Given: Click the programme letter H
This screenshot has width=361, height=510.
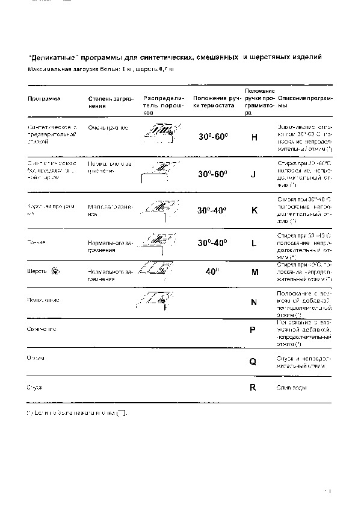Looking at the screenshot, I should click(254, 137).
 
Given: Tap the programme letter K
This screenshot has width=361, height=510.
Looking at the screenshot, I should click(254, 210).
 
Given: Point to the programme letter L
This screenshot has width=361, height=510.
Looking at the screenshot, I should click(254, 243).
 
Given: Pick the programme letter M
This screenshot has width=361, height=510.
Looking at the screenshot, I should click(255, 272).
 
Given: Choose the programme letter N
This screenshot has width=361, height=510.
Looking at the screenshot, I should click(254, 303).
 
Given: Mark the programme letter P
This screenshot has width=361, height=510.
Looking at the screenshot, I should click(253, 330).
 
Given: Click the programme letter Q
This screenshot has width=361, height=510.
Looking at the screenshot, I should click(253, 362).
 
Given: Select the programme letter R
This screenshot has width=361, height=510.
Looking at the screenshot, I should click(253, 388).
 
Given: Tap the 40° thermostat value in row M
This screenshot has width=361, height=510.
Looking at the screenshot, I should click(211, 272).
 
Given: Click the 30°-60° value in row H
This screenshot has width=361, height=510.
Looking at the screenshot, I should click(213, 137).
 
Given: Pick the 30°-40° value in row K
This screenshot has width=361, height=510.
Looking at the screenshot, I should click(212, 210).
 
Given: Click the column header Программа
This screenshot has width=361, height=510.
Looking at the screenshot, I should click(43, 98).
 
